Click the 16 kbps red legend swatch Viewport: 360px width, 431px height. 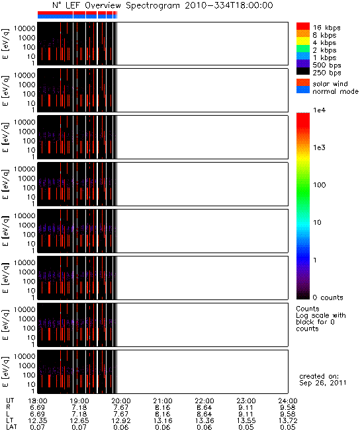pyautogui.click(x=303, y=26)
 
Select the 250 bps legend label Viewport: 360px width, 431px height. pyautogui.click(x=327, y=73)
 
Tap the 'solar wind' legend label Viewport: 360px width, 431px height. pyautogui.click(x=330, y=83)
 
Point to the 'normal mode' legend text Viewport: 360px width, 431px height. pyautogui.click(x=336, y=91)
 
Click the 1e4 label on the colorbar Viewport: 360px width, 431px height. pyautogui.click(x=319, y=110)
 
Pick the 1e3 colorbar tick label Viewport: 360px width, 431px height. pyautogui.click(x=319, y=147)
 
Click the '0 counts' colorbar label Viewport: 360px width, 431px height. pyautogui.click(x=328, y=297)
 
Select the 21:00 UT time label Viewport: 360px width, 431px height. pyautogui.click(x=163, y=401)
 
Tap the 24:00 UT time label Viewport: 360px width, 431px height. pyautogui.click(x=288, y=401)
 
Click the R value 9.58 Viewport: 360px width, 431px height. pyautogui.click(x=288, y=407)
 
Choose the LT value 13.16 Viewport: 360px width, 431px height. pyautogui.click(x=163, y=420)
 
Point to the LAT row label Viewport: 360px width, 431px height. pyautogui.click(x=11, y=427)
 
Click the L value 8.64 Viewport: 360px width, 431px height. pyautogui.click(x=204, y=414)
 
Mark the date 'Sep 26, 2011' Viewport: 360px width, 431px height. pyautogui.click(x=323, y=383)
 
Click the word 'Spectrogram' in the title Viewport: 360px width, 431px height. pyautogui.click(x=152, y=5)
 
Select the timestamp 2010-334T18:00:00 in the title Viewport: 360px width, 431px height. pyautogui.click(x=229, y=5)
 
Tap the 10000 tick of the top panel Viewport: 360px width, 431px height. pyautogui.click(x=24, y=28)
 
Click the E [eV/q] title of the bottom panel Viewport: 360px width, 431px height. pyautogui.click(x=5, y=372)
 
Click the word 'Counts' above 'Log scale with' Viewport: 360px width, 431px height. pyautogui.click(x=308, y=309)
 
